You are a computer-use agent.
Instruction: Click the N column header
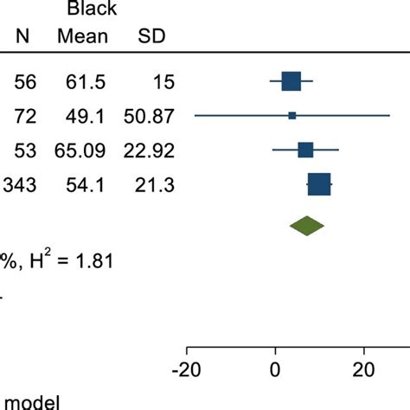point(19,37)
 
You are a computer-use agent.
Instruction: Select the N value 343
point(19,183)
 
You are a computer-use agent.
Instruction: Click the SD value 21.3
point(157,183)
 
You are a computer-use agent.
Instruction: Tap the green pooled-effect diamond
point(306,226)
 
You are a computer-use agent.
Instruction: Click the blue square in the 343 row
point(319,183)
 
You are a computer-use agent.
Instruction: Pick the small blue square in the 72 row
point(292,115)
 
